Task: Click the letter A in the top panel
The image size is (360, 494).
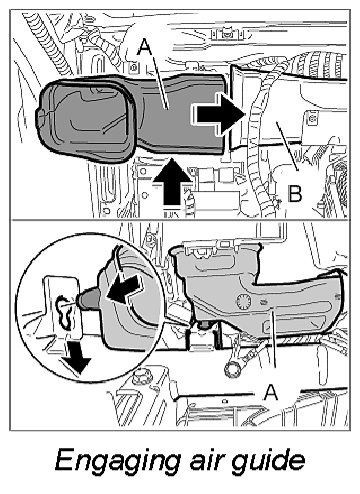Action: tap(145, 47)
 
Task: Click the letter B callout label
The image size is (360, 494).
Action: tap(295, 193)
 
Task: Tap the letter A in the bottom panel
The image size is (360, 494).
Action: tap(270, 392)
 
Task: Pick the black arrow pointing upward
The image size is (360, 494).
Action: tap(172, 181)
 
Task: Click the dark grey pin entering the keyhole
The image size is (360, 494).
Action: tap(87, 299)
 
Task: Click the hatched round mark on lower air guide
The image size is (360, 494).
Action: tap(244, 302)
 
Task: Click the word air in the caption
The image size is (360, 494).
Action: tap(207, 459)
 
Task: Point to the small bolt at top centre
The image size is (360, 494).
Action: tap(227, 33)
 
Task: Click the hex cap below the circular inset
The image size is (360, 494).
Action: tap(140, 377)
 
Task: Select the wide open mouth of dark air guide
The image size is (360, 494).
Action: tap(85, 119)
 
